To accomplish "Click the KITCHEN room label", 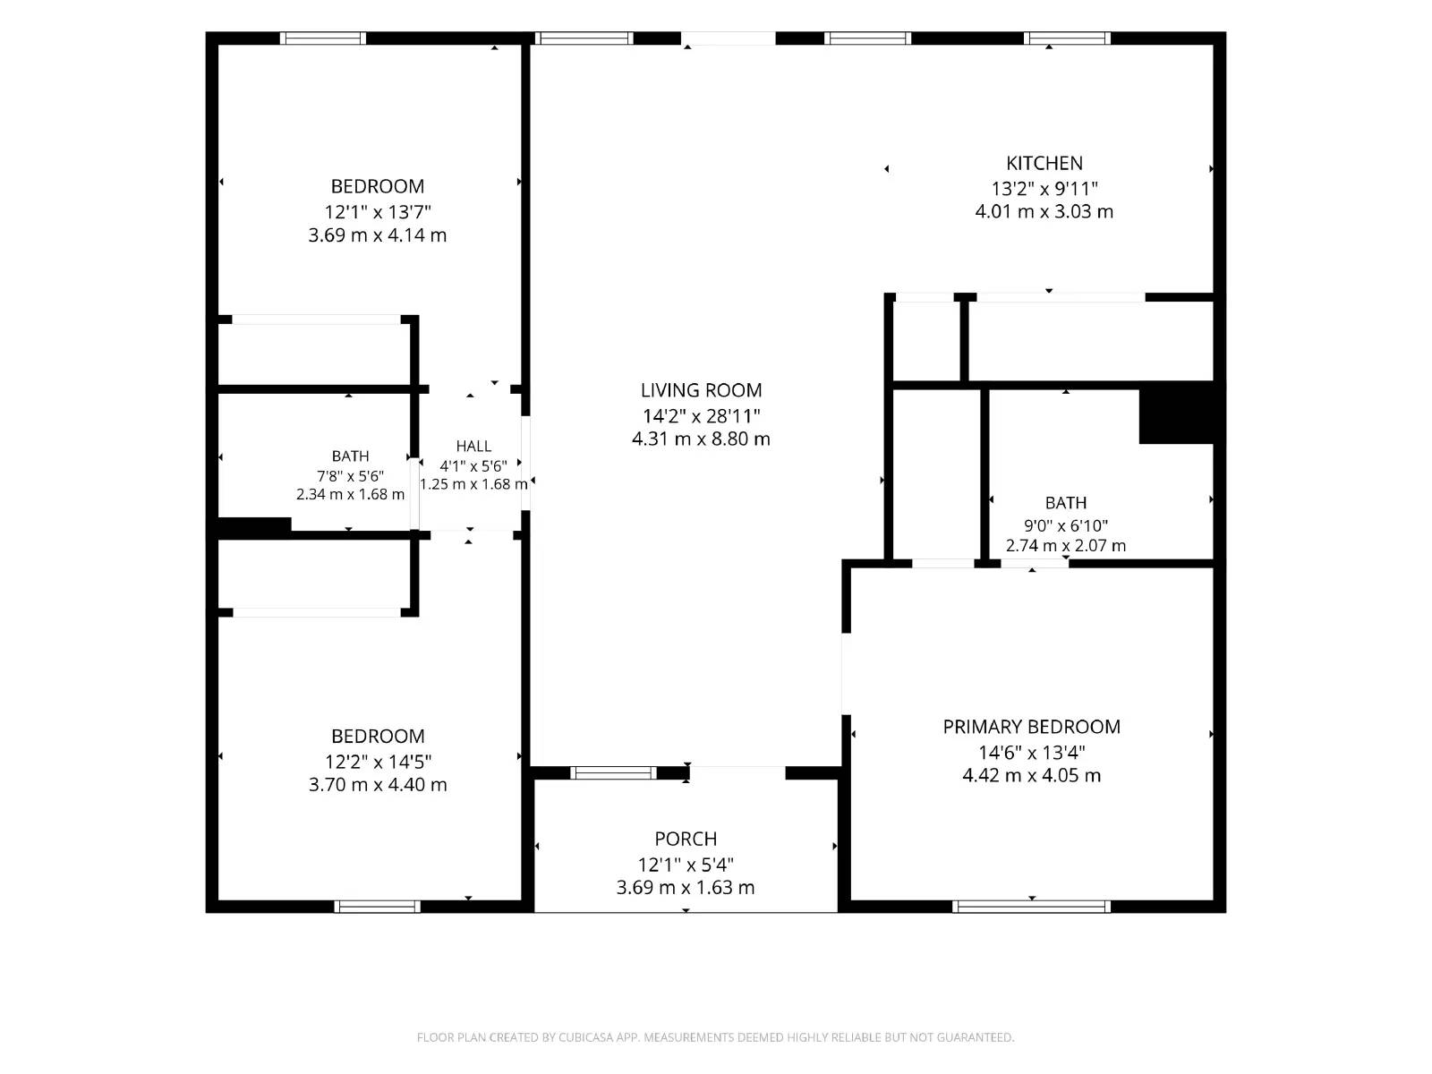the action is click(x=1044, y=163).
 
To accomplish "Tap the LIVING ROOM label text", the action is click(x=701, y=390).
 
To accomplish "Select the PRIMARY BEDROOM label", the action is click(x=1031, y=727).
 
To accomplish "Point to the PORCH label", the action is click(x=686, y=839).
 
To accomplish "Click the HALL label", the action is click(x=473, y=446).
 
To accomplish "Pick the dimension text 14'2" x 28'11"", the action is click(x=702, y=415).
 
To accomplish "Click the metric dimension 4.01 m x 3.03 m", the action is click(x=1044, y=212).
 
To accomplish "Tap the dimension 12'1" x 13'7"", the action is click(x=378, y=212).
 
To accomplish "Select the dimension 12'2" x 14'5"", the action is click(x=378, y=762).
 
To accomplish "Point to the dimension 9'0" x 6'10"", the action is click(x=1065, y=525).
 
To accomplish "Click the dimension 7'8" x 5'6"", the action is click(x=350, y=476).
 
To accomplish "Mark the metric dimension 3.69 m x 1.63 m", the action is click(x=686, y=888).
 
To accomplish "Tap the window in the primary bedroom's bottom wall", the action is click(x=1031, y=907).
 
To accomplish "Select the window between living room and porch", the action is click(x=613, y=772).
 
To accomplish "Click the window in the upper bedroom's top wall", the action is click(x=323, y=38).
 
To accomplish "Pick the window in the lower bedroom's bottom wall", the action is click(x=377, y=907).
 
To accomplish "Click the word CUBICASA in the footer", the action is click(x=586, y=1037).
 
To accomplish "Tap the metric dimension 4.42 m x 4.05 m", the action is click(x=1031, y=775).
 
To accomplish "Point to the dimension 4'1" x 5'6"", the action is click(x=473, y=466).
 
